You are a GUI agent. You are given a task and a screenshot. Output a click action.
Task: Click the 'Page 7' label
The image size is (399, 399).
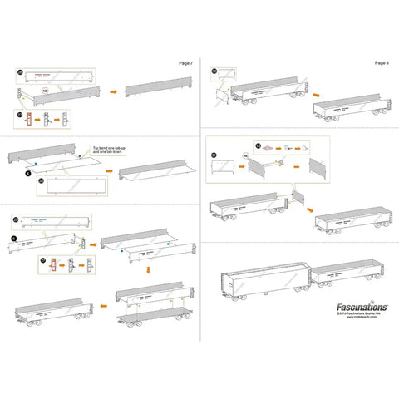pos(185,62)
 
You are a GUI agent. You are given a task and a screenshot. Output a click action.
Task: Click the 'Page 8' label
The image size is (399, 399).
pos(381,62)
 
